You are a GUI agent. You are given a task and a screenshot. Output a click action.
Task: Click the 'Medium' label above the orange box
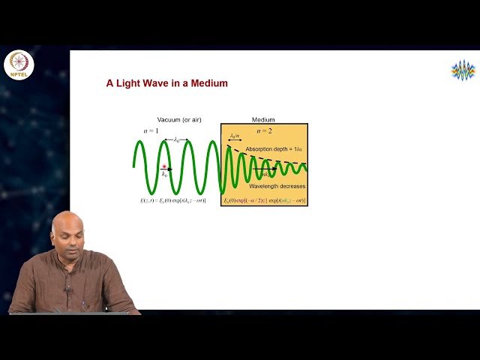tap(263, 120)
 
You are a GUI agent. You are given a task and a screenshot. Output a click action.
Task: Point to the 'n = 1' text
tap(151, 131)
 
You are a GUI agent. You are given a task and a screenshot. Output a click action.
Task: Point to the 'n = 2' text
tap(264, 131)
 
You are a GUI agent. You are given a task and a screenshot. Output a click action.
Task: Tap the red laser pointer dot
tap(164, 166)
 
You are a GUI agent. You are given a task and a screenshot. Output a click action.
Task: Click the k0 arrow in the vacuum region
tap(166, 169)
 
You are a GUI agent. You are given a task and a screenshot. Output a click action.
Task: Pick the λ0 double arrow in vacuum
tap(175, 139)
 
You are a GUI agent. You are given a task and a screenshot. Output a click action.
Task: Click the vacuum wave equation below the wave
tap(172, 200)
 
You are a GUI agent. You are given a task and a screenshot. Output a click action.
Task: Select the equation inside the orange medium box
tap(264, 200)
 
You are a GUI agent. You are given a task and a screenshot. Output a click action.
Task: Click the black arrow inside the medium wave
tap(264, 169)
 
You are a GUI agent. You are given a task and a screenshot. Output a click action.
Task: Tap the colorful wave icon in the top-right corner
tap(463, 70)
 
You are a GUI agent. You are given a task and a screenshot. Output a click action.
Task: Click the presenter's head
tap(68, 233)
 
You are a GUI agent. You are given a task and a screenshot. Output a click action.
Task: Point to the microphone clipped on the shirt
tap(67, 287)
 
